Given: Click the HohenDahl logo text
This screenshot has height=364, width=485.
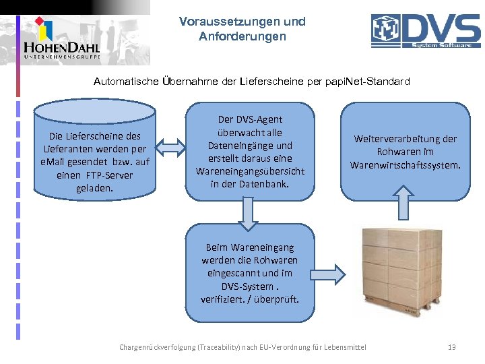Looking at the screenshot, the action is pyautogui.click(x=61, y=48).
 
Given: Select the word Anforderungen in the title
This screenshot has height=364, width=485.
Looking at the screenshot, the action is pyautogui.click(x=243, y=36).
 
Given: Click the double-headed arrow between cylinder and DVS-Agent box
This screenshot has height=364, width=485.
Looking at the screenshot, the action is pyautogui.click(x=172, y=146).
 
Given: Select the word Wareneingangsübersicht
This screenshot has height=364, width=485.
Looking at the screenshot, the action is pyautogui.click(x=250, y=171).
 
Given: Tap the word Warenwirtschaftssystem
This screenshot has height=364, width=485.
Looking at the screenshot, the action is pyautogui.click(x=406, y=164).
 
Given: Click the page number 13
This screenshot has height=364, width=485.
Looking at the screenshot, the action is pyautogui.click(x=452, y=347).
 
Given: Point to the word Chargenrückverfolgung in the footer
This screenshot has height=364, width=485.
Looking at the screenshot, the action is pyautogui.click(x=156, y=347).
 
